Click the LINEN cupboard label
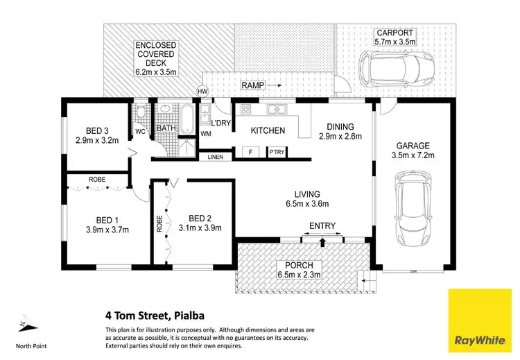[x=216, y=157]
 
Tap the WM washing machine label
[x=206, y=133]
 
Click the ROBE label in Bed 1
[x=96, y=179]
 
